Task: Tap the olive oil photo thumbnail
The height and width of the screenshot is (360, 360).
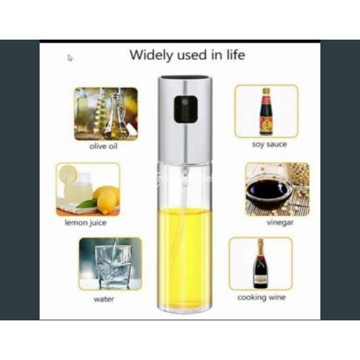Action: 106,113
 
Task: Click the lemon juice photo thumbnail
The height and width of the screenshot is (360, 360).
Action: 88,189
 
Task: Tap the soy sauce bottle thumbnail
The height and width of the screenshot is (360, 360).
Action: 266,111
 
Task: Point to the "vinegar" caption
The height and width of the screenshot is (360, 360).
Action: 270,223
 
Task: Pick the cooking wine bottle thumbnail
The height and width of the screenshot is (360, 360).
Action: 260,264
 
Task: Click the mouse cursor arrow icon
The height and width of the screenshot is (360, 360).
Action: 70,58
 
